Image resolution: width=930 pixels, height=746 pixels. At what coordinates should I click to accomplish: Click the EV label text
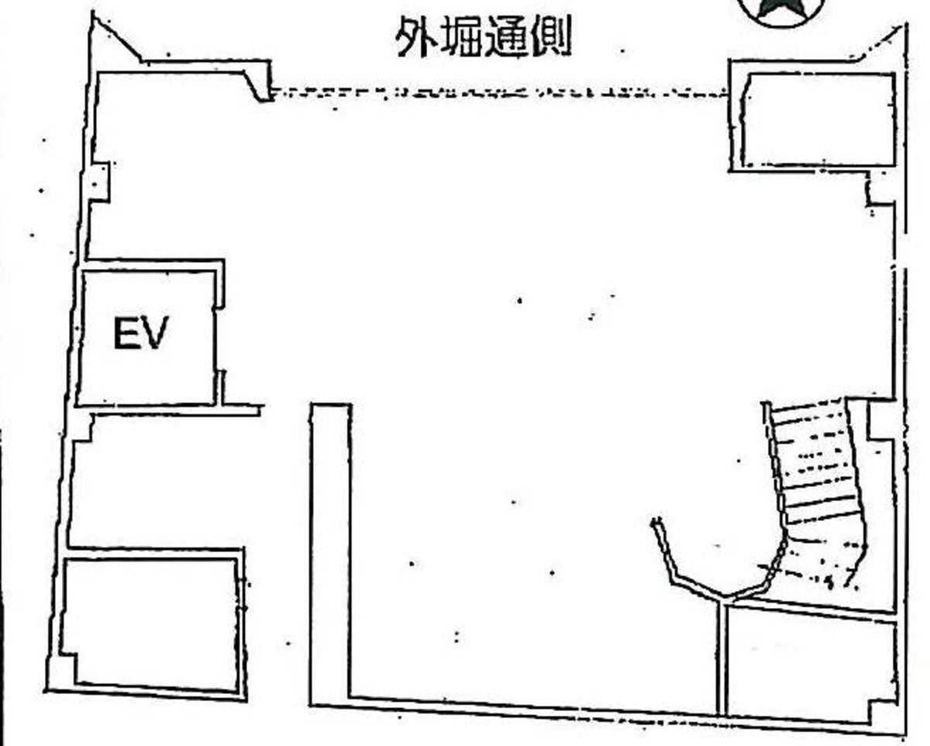[140, 332]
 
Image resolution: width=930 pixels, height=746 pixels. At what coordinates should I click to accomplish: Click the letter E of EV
[126, 332]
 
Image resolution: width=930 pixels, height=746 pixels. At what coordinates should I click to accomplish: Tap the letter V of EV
[154, 332]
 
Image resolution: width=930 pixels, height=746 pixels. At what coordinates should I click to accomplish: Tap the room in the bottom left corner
[151, 623]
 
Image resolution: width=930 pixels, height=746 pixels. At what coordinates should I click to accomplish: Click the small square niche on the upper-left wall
[100, 182]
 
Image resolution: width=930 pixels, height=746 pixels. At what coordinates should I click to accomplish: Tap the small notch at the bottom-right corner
[882, 713]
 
